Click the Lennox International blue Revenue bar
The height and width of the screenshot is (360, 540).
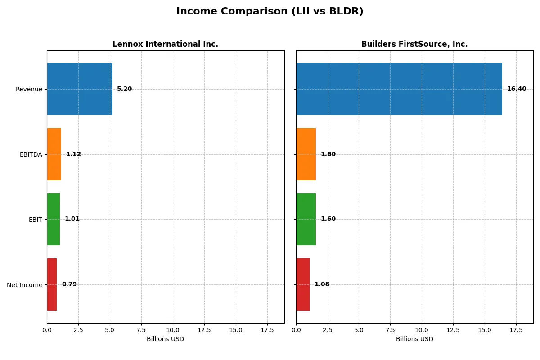click(80, 89)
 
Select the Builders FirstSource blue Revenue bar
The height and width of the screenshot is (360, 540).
click(399, 89)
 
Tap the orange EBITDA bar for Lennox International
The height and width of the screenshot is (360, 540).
click(54, 154)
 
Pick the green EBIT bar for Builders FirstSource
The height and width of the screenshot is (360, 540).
click(306, 219)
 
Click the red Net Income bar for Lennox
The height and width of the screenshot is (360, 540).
click(52, 284)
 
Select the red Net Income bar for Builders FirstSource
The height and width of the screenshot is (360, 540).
click(303, 284)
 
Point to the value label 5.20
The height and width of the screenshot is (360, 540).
click(125, 89)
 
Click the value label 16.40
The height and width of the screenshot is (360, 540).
click(517, 89)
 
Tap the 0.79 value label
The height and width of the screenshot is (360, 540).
click(69, 284)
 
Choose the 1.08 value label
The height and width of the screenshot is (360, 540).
click(322, 284)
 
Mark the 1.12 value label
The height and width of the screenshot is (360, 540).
click(74, 154)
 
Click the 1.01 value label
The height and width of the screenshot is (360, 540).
click(72, 219)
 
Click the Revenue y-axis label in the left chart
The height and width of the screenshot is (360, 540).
click(29, 90)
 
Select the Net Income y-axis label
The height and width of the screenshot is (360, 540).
click(25, 285)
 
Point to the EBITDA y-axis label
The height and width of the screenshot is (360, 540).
click(31, 155)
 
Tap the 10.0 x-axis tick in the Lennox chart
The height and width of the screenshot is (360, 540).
click(173, 330)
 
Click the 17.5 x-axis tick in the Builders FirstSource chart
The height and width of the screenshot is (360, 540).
click(516, 330)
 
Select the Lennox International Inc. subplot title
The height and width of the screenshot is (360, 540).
click(165, 45)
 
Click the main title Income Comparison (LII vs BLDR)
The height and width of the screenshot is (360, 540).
click(270, 12)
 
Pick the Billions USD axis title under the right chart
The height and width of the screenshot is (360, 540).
click(414, 339)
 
